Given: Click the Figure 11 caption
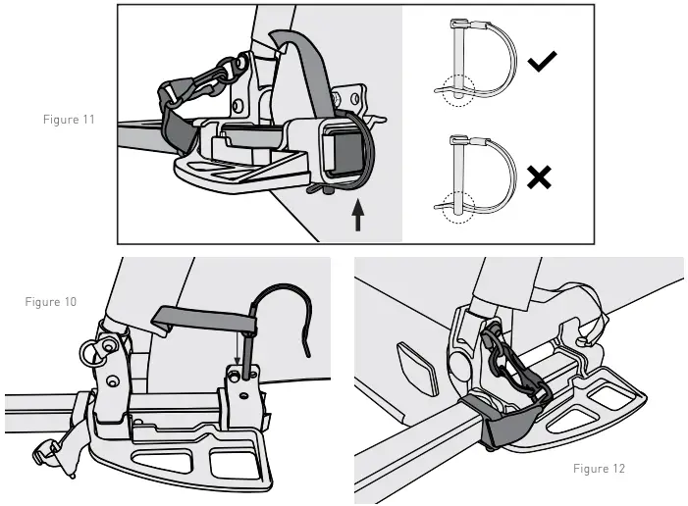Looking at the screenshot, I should [x=69, y=119].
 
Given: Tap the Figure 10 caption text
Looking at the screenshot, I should [x=50, y=301].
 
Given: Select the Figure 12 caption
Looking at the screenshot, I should [x=599, y=469].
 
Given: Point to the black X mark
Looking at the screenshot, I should [x=539, y=177].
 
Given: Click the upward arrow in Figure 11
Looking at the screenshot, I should [x=357, y=215].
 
